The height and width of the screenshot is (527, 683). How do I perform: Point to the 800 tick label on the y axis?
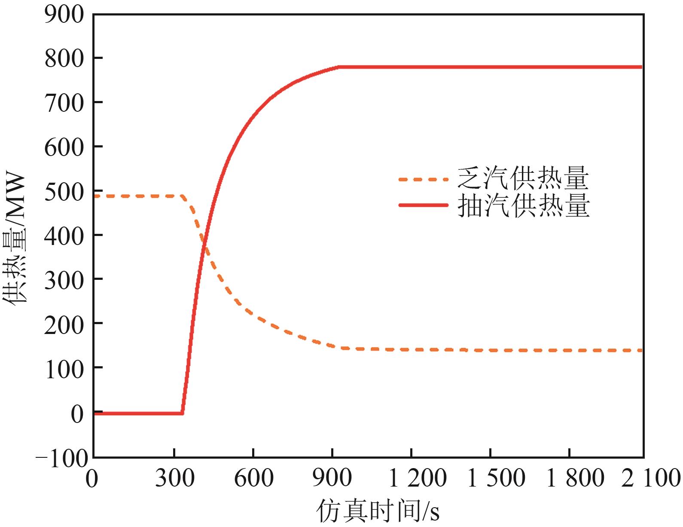coord(64,58)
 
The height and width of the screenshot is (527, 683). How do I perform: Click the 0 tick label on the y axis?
coord(77,414)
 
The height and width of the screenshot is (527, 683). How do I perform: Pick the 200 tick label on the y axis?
coord(64,324)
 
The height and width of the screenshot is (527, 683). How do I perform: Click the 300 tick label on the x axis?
coord(174,478)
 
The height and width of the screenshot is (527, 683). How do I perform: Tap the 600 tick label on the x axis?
coord(253,478)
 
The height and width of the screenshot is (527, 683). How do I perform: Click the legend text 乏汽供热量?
coord(523,178)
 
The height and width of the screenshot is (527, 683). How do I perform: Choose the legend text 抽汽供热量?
coord(523,205)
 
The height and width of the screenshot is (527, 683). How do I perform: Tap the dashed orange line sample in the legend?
coord(424,179)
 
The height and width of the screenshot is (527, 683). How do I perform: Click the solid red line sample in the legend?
coord(424,205)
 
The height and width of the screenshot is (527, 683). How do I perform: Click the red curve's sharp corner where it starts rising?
coord(183,414)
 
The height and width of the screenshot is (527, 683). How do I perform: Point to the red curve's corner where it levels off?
coord(338,67)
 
